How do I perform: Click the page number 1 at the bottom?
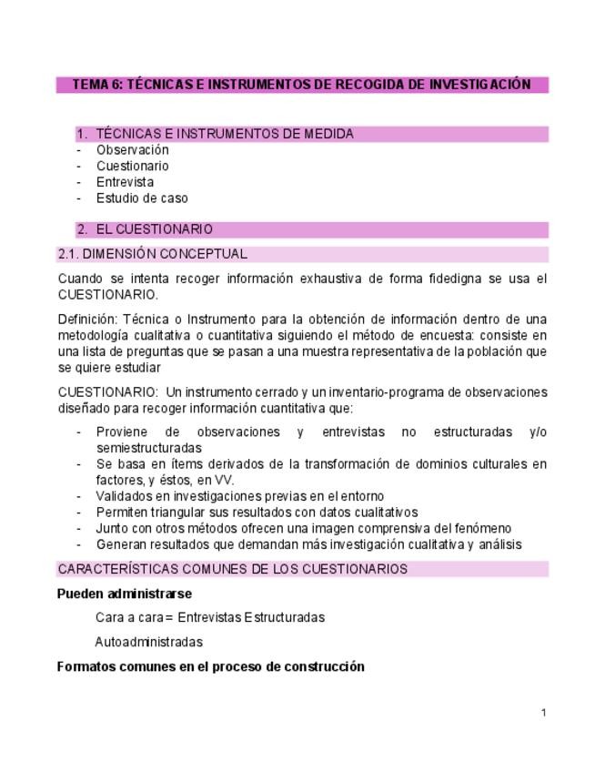(x=544, y=712)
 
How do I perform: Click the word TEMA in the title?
(x=89, y=85)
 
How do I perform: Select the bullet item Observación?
(x=133, y=150)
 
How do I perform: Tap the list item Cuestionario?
(x=133, y=166)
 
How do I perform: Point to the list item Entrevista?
(x=126, y=182)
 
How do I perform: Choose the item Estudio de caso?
(x=142, y=198)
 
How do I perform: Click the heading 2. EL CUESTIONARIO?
(x=154, y=229)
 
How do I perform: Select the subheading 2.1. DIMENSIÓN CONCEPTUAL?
(x=152, y=254)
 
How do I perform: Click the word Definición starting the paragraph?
(x=87, y=319)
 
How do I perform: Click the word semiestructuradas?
(x=148, y=448)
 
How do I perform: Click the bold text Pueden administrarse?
(x=124, y=594)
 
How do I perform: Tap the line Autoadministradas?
(x=148, y=642)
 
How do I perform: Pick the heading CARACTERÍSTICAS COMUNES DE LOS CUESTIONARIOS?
(x=232, y=569)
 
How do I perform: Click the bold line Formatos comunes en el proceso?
(x=210, y=666)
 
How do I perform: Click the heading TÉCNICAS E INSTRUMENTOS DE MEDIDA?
(x=225, y=134)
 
